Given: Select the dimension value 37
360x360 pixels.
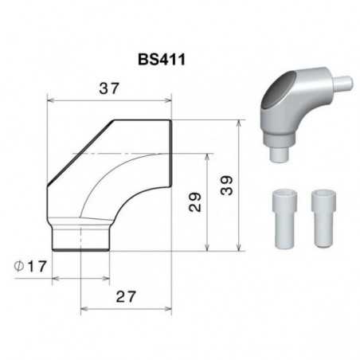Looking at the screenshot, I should (108, 88).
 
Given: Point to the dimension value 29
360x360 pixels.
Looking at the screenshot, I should (195, 201).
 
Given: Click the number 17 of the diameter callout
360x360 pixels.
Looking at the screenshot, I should (36, 265).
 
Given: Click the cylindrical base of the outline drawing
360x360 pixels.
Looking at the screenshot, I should (80, 238).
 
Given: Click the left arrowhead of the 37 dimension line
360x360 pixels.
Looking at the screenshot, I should (51, 100).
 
